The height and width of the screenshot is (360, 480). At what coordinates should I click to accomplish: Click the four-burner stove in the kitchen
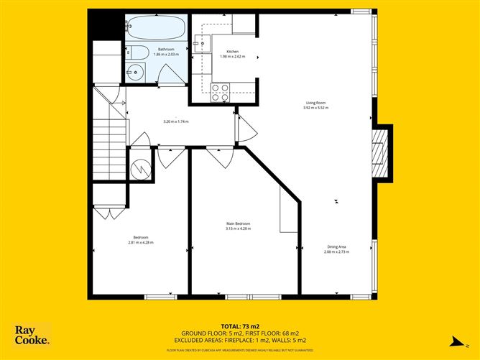[221, 91]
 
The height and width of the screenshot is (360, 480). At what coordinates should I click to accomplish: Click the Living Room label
[315, 103]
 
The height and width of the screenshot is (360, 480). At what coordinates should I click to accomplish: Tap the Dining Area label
[336, 247]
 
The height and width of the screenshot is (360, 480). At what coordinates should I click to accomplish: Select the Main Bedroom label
[238, 224]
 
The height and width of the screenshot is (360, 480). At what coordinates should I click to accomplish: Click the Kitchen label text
[232, 52]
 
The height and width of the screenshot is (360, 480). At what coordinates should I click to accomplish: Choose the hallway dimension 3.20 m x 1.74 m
[176, 121]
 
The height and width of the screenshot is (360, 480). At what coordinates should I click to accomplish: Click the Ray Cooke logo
[32, 336]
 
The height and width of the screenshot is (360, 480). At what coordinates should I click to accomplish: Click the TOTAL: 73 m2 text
[240, 326]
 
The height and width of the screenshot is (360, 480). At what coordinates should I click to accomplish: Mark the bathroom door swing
[170, 74]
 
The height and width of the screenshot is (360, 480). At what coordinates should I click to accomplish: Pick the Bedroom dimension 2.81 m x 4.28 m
[141, 242]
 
